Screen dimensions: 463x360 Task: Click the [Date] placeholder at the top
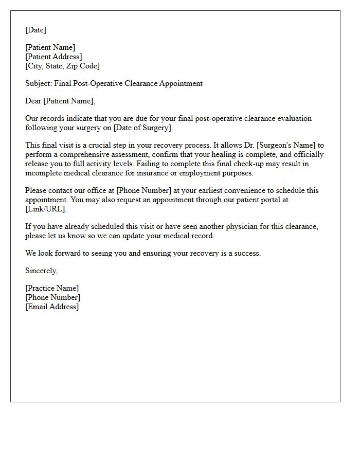35,30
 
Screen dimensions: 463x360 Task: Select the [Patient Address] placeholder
53,57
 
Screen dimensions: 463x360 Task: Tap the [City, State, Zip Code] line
62,66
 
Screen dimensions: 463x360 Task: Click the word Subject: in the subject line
39,83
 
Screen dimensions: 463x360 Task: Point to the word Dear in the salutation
33,101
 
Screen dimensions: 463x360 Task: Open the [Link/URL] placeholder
46,209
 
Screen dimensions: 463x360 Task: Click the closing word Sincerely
41,271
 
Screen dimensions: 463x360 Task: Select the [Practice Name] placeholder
52,288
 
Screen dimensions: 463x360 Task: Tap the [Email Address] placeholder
52,307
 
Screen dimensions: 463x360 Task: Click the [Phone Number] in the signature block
52,297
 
